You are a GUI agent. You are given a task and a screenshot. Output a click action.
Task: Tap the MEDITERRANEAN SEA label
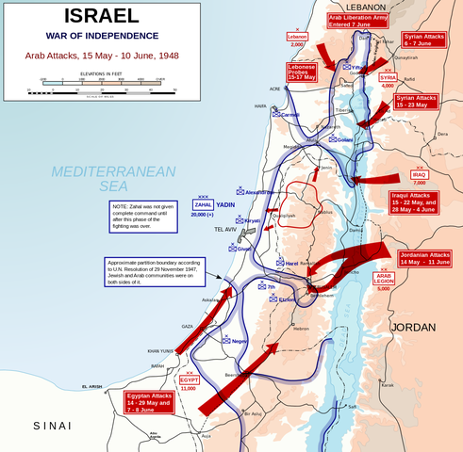pos(114,180)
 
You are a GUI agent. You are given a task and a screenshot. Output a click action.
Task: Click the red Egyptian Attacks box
pos(151,402)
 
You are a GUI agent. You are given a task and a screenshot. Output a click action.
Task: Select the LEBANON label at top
pos(346,6)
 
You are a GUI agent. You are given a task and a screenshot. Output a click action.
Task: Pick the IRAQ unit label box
pos(421,174)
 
